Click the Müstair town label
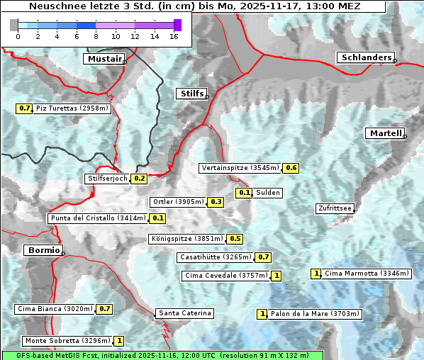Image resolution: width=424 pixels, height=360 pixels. [x=104, y=59]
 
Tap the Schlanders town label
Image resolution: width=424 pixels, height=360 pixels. [x=366, y=57]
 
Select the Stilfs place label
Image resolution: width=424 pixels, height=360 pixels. [x=191, y=93]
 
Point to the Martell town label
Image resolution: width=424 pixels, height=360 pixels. [x=385, y=133]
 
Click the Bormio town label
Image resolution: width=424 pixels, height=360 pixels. [x=43, y=250]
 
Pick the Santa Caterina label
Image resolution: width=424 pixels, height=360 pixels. [x=184, y=313]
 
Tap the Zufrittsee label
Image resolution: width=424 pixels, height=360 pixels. [x=335, y=208]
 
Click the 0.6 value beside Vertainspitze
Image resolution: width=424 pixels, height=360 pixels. [x=291, y=168]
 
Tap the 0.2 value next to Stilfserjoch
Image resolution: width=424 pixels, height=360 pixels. [x=139, y=179]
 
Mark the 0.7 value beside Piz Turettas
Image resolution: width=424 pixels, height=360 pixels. [x=24, y=108]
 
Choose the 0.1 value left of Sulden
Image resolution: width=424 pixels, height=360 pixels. [x=244, y=193]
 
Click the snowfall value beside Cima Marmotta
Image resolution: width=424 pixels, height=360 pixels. [x=316, y=274]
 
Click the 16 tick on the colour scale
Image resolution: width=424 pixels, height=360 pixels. [x=174, y=36]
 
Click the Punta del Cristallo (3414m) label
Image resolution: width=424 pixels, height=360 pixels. [x=98, y=218]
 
